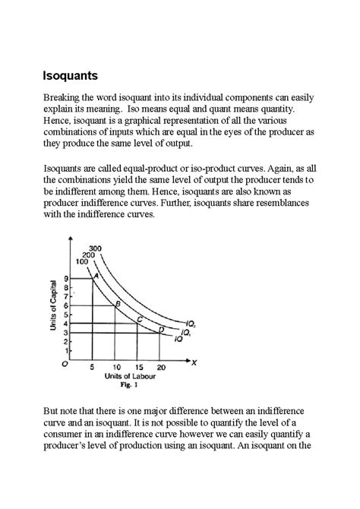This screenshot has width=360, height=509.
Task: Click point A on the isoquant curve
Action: pyautogui.click(x=96, y=276)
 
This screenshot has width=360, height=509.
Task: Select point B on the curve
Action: pyautogui.click(x=117, y=304)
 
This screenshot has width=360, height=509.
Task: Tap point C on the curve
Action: pyautogui.click(x=139, y=320)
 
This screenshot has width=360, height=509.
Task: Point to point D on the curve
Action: pyautogui.click(x=160, y=329)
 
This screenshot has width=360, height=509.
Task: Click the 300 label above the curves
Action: pyautogui.click(x=96, y=248)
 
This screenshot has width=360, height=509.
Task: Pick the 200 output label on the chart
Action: pyautogui.click(x=89, y=254)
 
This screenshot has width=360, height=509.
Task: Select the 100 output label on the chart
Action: pyautogui.click(x=82, y=261)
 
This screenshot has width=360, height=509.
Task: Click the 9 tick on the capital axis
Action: pyautogui.click(x=67, y=278)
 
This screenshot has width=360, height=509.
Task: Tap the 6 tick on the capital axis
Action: pyautogui.click(x=67, y=305)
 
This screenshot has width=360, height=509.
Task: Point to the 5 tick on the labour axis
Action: pyautogui.click(x=92, y=367)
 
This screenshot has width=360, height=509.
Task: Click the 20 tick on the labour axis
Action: pyautogui.click(x=159, y=367)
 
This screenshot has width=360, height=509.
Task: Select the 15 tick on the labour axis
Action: pyautogui.click(x=138, y=367)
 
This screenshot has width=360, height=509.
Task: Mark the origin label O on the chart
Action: pyautogui.click(x=65, y=365)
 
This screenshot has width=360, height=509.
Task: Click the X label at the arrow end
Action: pyautogui.click(x=194, y=362)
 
